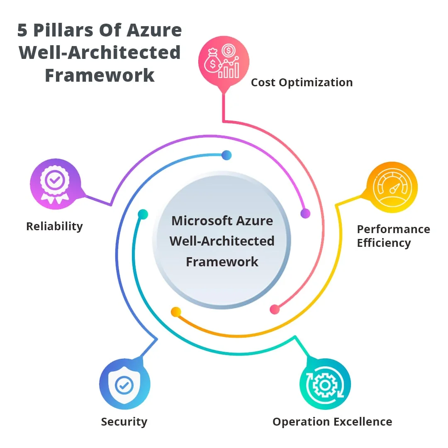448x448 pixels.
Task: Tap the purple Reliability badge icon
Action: [x=55, y=184]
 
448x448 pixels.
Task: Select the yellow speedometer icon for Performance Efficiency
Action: [x=392, y=187]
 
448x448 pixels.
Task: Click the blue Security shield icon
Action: [x=124, y=384]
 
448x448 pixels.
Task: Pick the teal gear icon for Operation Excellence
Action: [x=325, y=384]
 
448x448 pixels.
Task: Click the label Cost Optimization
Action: [x=302, y=83]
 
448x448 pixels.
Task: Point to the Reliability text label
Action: [x=54, y=226]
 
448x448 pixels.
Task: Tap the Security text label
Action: [x=124, y=422]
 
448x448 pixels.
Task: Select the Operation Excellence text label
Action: [x=332, y=422]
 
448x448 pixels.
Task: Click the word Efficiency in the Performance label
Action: [x=384, y=243]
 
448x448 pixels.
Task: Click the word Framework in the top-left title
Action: [x=100, y=76]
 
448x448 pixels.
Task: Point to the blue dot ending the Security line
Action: [x=226, y=156]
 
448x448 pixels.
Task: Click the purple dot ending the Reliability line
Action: [x=305, y=214]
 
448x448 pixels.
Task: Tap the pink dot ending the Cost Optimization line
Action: [x=275, y=309]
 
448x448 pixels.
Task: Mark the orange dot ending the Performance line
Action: [x=176, y=312]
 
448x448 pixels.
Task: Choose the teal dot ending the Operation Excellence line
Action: [x=143, y=214]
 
